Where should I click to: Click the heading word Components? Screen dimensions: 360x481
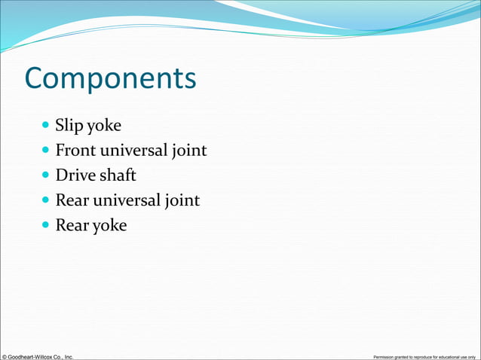pyautogui.click(x=110, y=79)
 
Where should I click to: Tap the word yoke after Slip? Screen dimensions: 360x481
pyautogui.click(x=103, y=126)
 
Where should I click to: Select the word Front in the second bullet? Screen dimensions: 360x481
pyautogui.click(x=75, y=151)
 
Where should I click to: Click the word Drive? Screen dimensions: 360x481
pyautogui.click(x=74, y=175)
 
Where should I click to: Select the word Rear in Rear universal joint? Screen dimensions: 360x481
pyautogui.click(x=71, y=200)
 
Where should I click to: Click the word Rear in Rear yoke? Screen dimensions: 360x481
pyautogui.click(x=71, y=225)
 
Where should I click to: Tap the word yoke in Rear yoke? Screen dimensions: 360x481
pyautogui.click(x=109, y=226)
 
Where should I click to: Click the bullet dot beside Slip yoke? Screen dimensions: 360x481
pyautogui.click(x=46, y=125)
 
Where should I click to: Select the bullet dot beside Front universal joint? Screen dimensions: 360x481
pyautogui.click(x=46, y=150)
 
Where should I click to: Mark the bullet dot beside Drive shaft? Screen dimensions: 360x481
pyautogui.click(x=46, y=175)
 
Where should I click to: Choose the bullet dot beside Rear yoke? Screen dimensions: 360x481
pyautogui.click(x=46, y=224)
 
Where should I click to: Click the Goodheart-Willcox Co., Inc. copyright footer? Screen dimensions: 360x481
pyautogui.click(x=38, y=355)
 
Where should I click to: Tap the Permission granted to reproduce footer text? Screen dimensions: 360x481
pyautogui.click(x=424, y=356)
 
